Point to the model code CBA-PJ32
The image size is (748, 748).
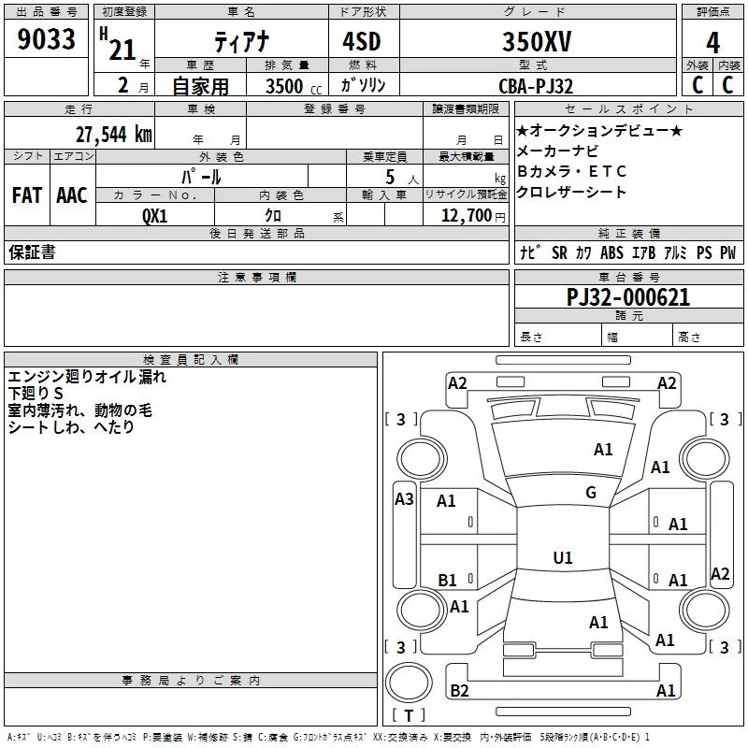[535, 85]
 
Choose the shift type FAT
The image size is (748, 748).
[27, 195]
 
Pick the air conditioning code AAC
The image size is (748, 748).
[71, 195]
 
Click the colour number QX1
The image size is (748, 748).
[154, 214]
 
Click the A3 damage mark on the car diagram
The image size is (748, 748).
[404, 499]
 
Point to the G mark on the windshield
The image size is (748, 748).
[591, 493]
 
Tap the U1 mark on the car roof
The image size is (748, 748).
[562, 557]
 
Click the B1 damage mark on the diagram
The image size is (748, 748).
[448, 581]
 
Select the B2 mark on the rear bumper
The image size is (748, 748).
[459, 691]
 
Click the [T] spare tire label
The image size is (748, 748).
[408, 715]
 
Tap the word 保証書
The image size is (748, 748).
[32, 252]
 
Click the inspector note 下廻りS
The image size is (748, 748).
[35, 394]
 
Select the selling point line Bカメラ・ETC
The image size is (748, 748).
[571, 172]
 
